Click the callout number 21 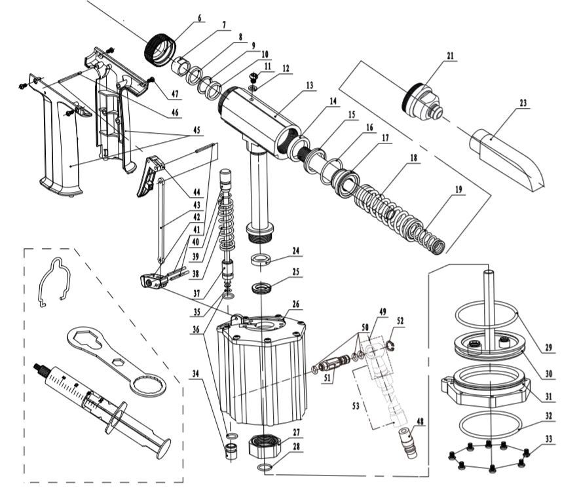tap(449, 57)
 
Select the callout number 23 tap(523, 103)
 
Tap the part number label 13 tap(309, 85)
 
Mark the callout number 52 tap(400, 322)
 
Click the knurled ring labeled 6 tap(159, 49)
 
